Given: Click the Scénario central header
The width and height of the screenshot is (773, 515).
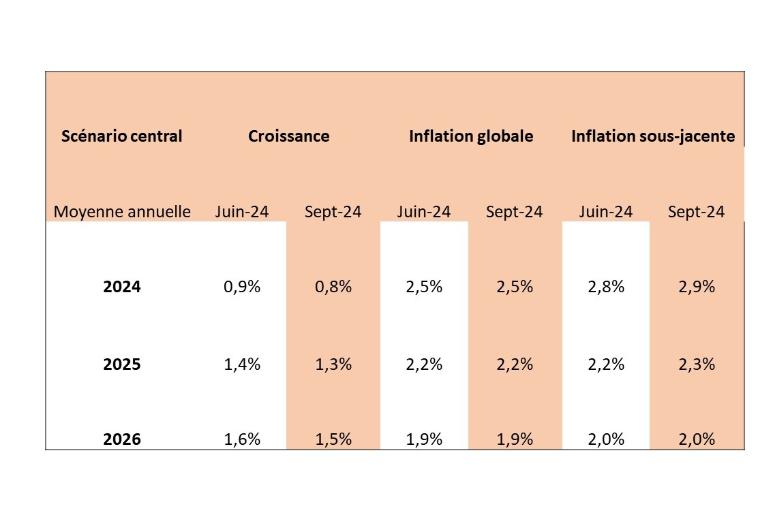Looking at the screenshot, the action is pos(122,136).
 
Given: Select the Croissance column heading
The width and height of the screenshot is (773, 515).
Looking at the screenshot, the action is pos(289,136).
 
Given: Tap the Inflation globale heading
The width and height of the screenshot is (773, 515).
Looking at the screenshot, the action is pos(471,136).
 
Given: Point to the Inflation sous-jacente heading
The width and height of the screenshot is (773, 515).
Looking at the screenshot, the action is pos(653,136).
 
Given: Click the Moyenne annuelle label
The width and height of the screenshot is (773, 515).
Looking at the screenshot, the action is pos(122,212).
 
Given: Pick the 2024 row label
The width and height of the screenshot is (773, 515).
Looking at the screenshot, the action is pos(122,286).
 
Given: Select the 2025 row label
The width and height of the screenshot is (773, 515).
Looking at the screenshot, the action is pos(122,364).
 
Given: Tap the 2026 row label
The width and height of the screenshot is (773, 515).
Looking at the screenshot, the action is pos(122,439).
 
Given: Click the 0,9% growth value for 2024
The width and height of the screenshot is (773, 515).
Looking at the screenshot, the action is pos(242,286).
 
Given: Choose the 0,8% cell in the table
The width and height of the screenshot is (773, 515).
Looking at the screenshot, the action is pos(333,286).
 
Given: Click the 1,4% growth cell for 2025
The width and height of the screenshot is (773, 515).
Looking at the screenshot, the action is pos(242,364).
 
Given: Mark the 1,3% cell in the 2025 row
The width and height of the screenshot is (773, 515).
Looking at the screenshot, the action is pos(333,364).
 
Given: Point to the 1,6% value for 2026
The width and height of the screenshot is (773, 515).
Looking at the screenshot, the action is pos(242,439).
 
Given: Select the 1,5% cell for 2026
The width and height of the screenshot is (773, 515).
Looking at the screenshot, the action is pos(333,439).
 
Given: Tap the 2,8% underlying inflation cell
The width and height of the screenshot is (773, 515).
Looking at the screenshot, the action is pos(606,286).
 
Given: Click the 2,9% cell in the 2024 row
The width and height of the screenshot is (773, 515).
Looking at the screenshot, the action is pos(697,286).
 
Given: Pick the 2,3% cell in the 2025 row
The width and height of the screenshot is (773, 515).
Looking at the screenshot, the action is pos(697,364).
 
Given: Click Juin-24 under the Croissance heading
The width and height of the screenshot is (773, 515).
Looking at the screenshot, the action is pos(242,212).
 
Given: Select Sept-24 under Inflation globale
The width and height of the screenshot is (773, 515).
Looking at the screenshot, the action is pos(514,212).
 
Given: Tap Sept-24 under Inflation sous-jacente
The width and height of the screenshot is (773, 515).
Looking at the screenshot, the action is pos(696,212).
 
